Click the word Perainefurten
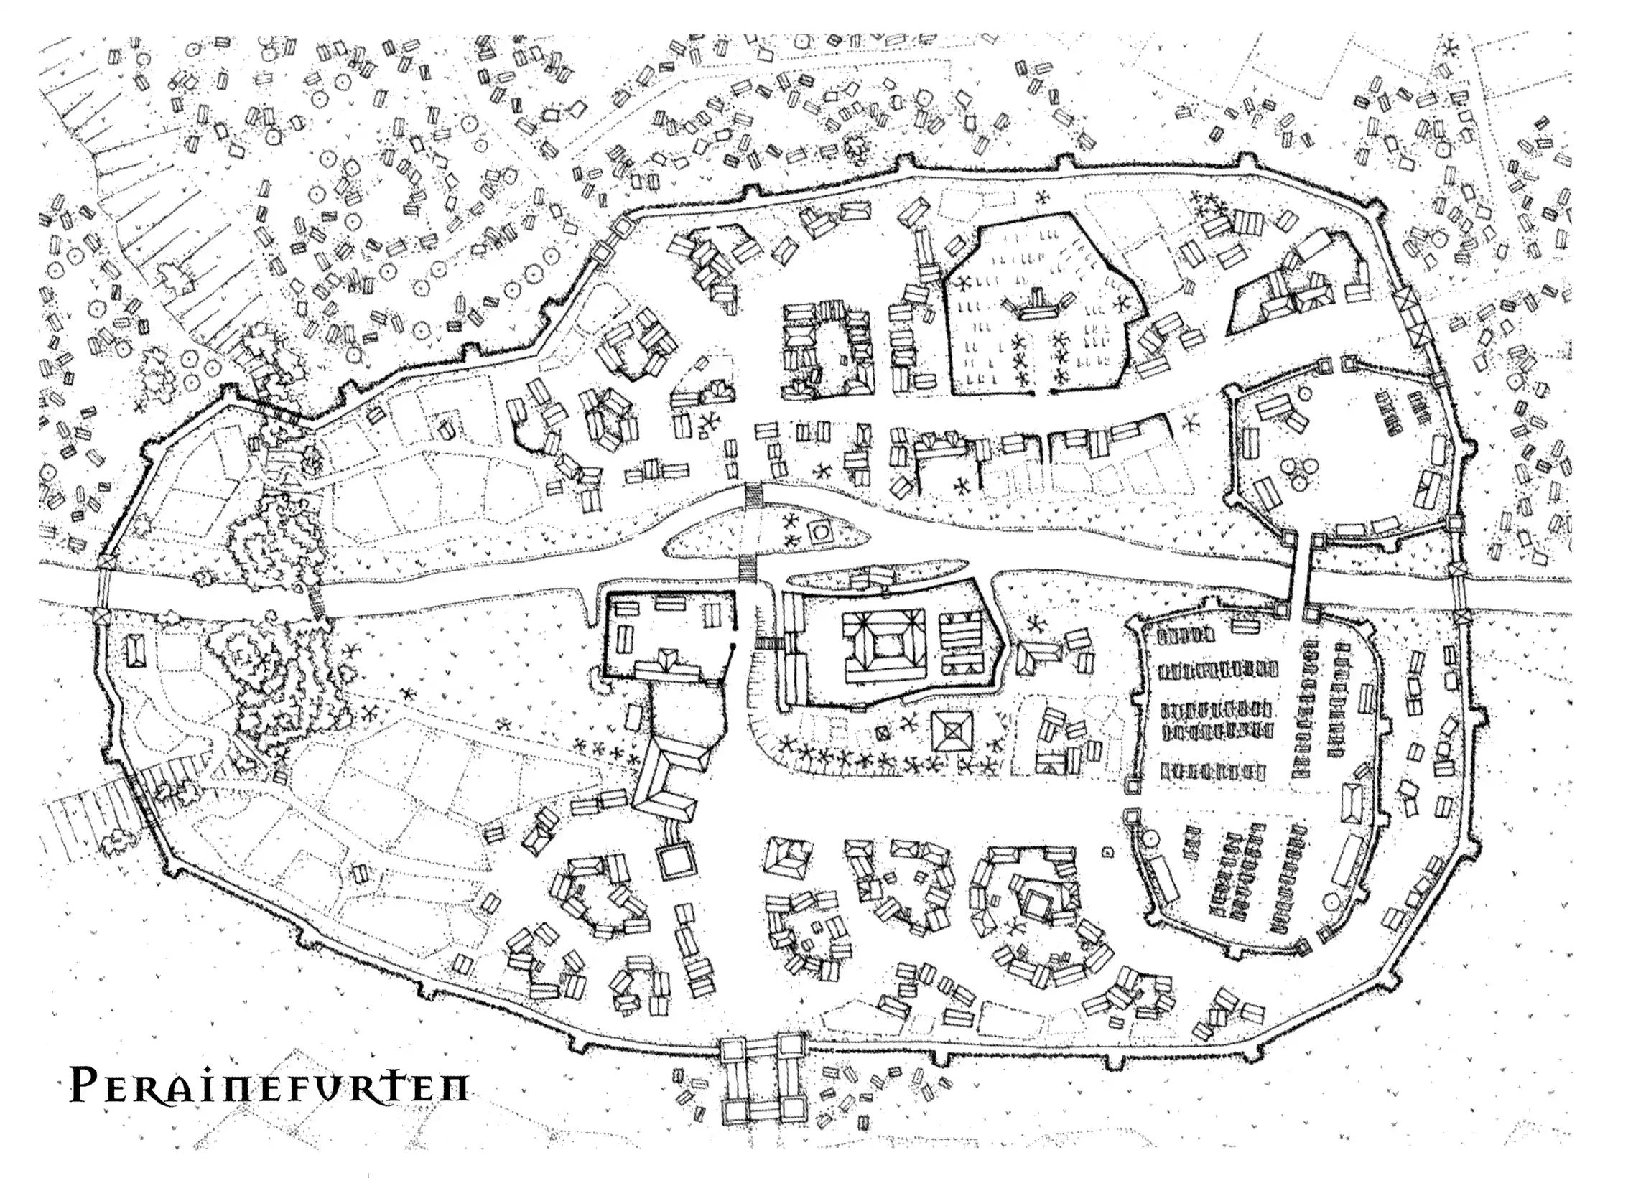[x=269, y=1085]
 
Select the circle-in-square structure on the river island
[x=822, y=532]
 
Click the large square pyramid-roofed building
[x=952, y=731]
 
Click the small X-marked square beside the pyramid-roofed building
[x=883, y=733]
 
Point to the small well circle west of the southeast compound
[x=1107, y=851]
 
